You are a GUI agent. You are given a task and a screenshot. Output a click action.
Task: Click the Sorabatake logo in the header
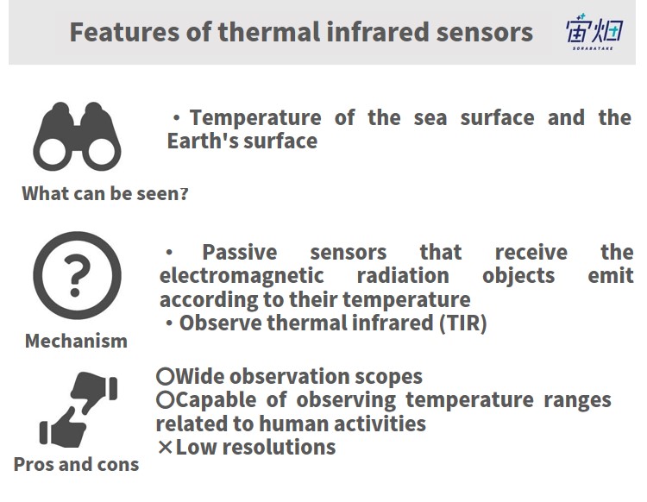(594, 31)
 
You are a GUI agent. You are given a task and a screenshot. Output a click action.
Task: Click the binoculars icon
(77, 136)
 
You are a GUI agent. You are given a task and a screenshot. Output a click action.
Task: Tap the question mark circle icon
(77, 275)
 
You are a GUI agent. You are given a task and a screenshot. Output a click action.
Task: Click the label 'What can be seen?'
(105, 193)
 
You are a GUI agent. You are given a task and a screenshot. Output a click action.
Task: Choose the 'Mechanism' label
(76, 341)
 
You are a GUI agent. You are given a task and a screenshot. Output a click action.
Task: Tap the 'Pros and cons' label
(76, 464)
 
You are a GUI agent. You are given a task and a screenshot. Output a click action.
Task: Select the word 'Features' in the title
(124, 32)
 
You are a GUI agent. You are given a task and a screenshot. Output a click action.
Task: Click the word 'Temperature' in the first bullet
(255, 118)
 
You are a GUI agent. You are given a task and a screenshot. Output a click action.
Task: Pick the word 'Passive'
(239, 253)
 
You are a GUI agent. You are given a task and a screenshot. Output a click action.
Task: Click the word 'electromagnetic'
(242, 276)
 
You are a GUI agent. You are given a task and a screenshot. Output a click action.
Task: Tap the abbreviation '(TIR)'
(463, 323)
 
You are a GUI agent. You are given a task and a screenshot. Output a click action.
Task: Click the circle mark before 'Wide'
(166, 376)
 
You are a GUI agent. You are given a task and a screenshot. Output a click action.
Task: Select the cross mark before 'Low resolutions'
(165, 447)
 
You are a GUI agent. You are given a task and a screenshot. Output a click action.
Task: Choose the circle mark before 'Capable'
(166, 399)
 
